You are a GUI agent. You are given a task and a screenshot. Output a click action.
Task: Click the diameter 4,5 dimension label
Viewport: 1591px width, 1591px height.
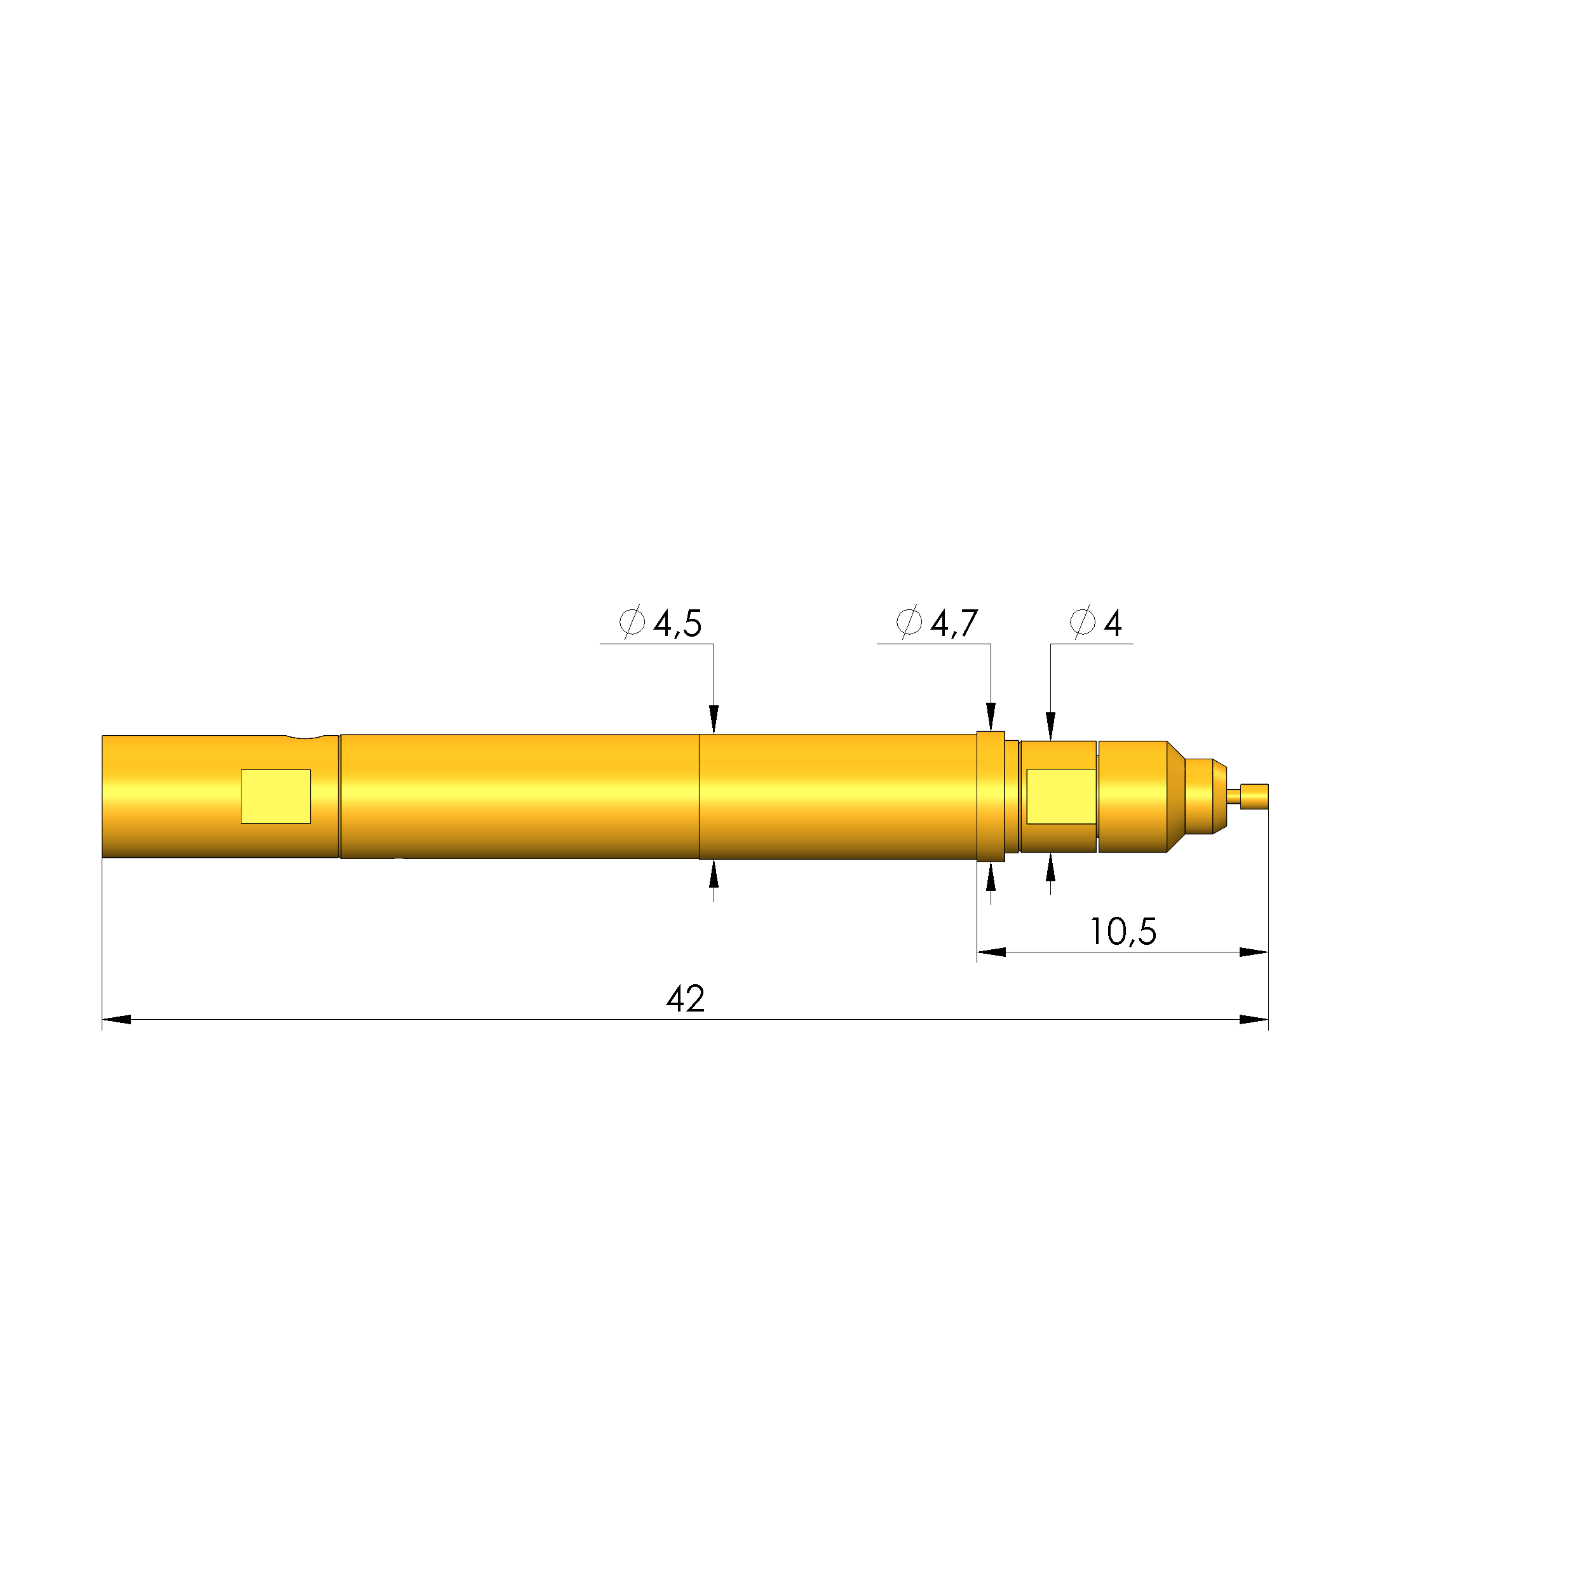pos(661,623)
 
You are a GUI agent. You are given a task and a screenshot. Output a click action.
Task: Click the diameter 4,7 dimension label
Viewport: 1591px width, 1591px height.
pos(938,623)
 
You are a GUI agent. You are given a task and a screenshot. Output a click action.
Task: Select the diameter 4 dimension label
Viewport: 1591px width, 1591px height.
pos(1096,623)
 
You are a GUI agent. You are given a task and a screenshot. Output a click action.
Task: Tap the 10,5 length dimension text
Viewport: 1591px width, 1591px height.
pos(1123,931)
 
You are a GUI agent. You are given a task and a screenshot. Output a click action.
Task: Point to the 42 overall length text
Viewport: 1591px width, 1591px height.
pos(685,999)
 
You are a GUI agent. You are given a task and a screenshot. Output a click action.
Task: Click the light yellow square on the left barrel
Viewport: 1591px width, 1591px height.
pos(275,796)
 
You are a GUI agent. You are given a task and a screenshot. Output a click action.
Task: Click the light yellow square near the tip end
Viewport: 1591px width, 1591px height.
pos(1060,796)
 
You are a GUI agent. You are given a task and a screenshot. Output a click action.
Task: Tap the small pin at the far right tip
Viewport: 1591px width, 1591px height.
pos(1254,796)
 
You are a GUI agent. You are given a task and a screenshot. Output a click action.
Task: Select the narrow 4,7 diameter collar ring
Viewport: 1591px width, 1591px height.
pos(991,796)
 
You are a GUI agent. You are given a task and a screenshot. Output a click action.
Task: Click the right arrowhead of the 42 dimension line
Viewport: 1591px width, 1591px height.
pos(1254,1020)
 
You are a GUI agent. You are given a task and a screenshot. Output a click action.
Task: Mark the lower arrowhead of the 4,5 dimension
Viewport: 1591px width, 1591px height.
pos(714,874)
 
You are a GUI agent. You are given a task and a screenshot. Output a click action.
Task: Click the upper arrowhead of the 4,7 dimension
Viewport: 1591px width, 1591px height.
pos(991,717)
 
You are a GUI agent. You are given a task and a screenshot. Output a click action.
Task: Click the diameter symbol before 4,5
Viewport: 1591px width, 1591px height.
pos(632,623)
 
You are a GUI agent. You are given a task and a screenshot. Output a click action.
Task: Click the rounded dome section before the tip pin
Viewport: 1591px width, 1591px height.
pos(1204,796)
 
